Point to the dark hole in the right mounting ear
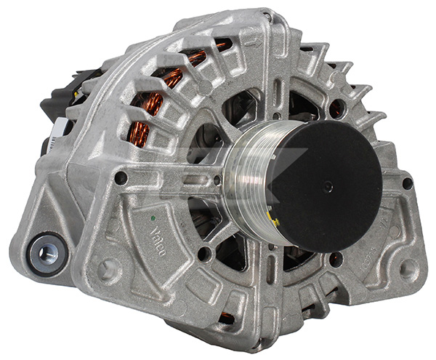pos(407,184)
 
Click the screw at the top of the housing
pos(267,16)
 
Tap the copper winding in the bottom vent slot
pos(227,318)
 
